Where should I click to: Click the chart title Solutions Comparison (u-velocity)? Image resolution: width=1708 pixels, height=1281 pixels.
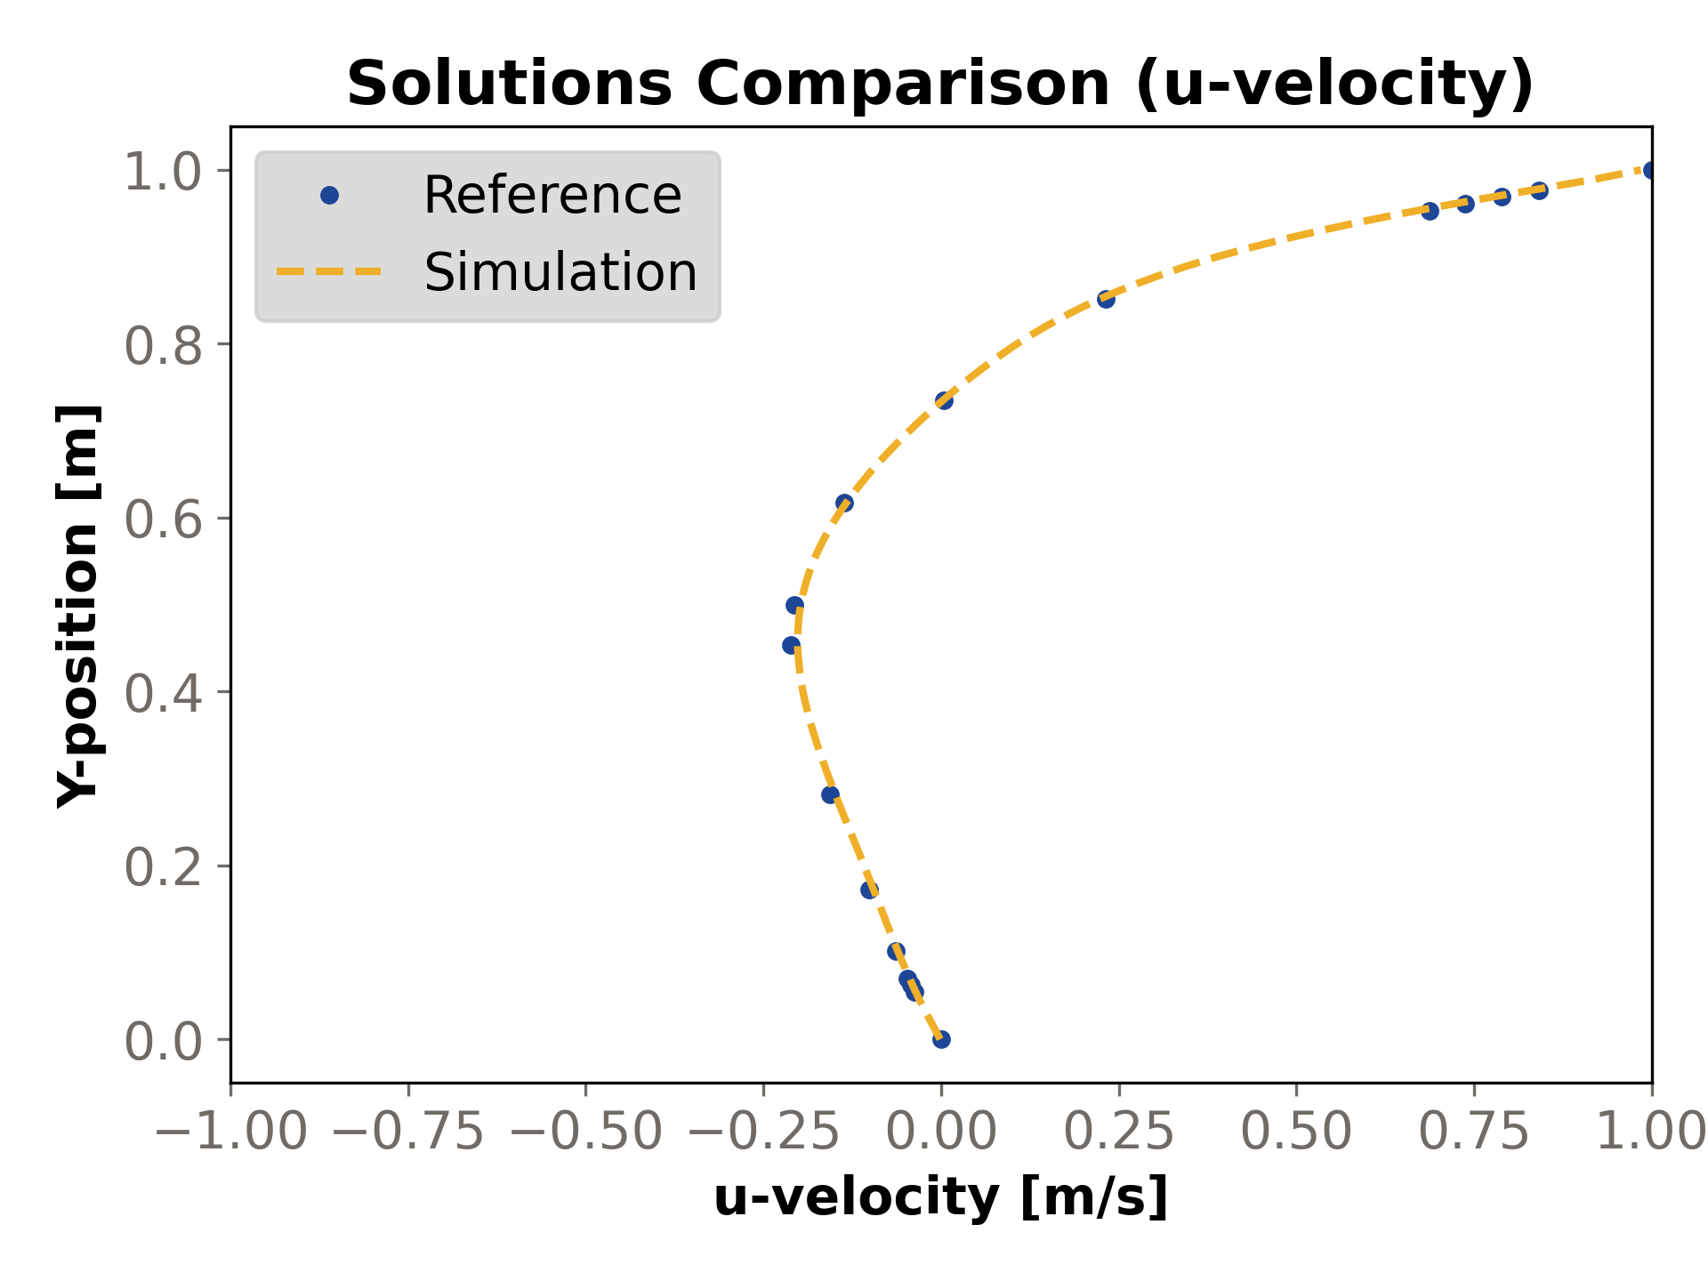click(940, 84)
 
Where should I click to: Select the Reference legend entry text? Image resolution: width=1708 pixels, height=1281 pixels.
click(552, 196)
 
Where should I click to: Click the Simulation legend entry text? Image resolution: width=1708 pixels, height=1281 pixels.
click(560, 272)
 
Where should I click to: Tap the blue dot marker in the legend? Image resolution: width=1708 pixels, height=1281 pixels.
click(329, 196)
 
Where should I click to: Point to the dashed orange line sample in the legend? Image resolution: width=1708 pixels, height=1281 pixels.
click(329, 272)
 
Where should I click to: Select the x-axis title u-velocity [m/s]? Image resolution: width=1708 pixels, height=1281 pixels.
click(940, 1197)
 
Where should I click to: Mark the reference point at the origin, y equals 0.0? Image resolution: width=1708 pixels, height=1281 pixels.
click(941, 1039)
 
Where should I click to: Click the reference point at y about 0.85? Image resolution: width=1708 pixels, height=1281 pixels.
click(1106, 299)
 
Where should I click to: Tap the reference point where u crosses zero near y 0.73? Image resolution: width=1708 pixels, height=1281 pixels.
click(944, 400)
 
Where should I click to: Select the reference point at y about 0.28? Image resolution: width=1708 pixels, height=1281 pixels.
click(830, 794)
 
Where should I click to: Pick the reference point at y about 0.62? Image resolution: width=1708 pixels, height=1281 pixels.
click(844, 504)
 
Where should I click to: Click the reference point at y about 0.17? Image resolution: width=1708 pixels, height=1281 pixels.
click(869, 890)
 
